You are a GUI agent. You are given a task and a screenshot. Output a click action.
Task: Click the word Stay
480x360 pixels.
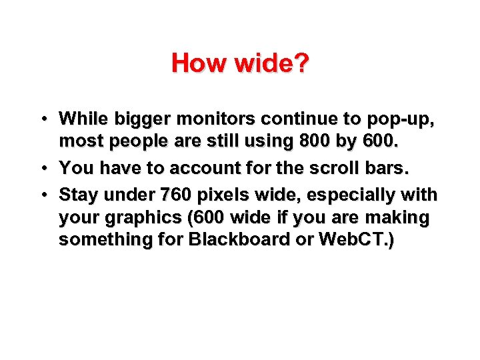click(77, 195)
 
